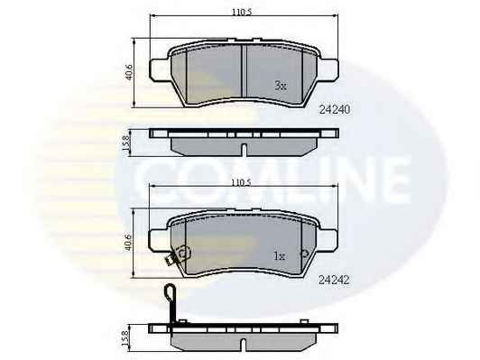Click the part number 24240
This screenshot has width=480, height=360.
334,109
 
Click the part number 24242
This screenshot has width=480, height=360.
334,280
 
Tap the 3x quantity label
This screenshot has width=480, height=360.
281,86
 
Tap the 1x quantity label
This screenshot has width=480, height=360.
280,256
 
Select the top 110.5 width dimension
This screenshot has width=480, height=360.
242,13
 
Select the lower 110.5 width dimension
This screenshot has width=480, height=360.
241,183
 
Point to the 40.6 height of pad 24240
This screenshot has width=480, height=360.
129,72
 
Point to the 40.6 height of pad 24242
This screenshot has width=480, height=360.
128,243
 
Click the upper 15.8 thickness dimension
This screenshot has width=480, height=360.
125,143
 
